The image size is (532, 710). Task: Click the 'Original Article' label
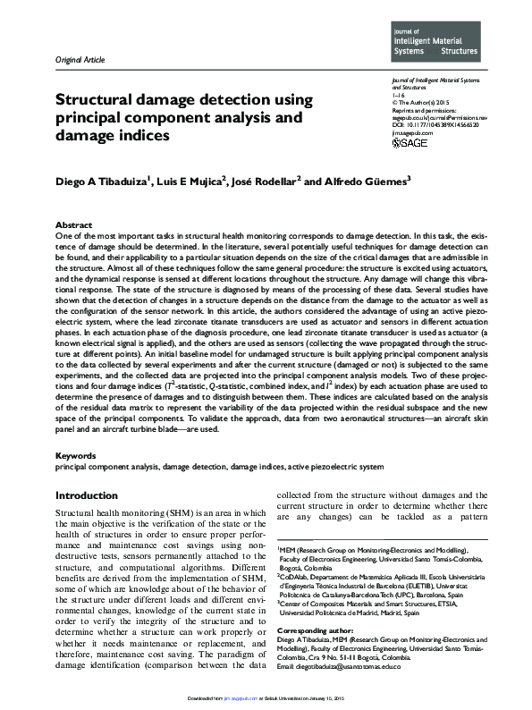pyautogui.click(x=80, y=60)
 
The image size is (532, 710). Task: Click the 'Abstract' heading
pyautogui.click(x=73, y=224)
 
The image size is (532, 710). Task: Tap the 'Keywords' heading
pyautogui.click(x=76, y=455)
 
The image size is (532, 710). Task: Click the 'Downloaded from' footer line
pyautogui.click(x=266, y=704)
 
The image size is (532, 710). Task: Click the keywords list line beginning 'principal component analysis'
pyautogui.click(x=220, y=467)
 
